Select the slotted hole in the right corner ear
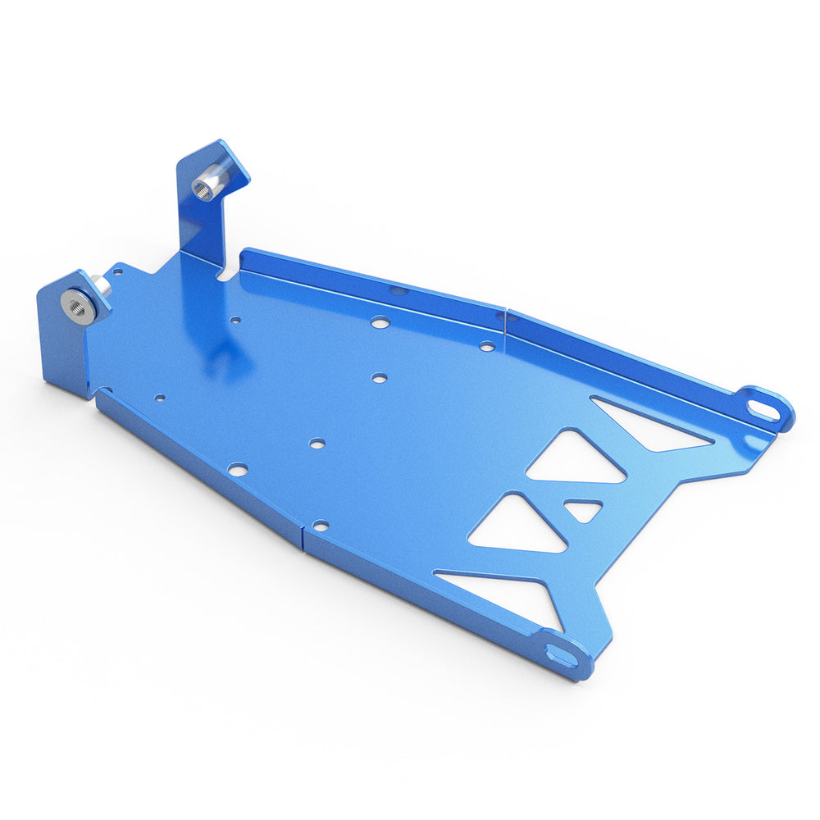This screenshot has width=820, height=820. click(x=763, y=408)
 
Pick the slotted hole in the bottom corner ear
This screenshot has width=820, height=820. click(x=561, y=654)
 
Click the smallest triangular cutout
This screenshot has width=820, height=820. click(x=583, y=509)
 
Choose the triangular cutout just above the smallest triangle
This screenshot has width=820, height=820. click(x=577, y=460)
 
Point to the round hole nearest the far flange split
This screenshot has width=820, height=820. click(x=487, y=346)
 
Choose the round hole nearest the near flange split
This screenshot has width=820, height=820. click(x=321, y=524)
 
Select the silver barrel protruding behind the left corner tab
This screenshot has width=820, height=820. click(x=103, y=285)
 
